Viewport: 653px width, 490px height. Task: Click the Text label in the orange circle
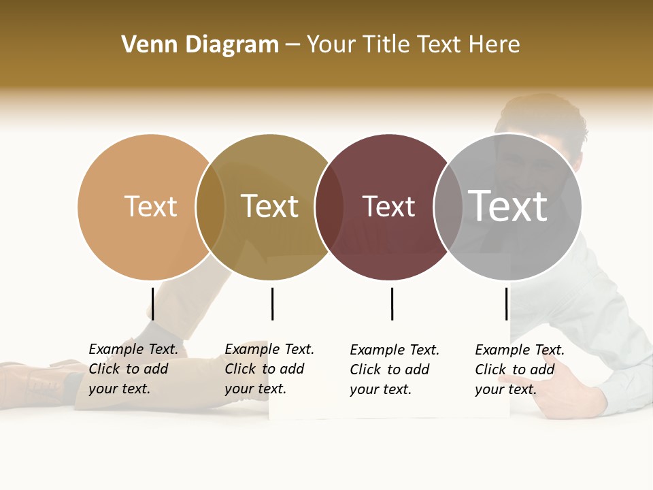coord(150,206)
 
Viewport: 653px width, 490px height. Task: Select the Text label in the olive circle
coord(270,206)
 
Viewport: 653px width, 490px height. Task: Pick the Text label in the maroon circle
coord(388,206)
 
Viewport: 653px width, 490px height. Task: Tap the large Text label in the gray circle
coord(508,206)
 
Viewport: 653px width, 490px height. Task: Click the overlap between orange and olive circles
coord(211,207)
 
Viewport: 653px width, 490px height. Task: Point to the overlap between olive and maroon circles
coord(329,207)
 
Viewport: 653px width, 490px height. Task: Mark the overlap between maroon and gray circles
coord(448,207)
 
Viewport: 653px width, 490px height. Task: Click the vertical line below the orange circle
coord(153,304)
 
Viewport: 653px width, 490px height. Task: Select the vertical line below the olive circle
coord(272,304)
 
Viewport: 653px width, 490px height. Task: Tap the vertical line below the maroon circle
coord(392,304)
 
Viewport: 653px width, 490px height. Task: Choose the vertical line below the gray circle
coord(506,304)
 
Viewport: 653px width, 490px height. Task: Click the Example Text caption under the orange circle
coord(133,369)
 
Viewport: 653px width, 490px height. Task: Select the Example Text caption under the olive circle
coord(269,369)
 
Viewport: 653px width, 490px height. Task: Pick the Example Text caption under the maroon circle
coord(394,370)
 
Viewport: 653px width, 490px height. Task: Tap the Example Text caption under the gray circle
coord(519,370)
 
